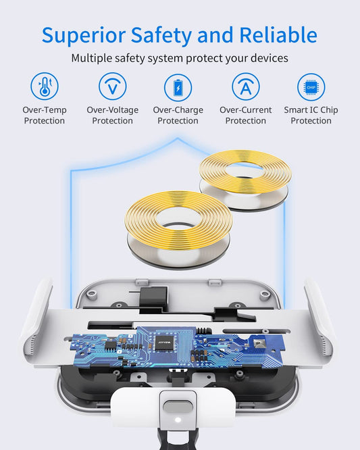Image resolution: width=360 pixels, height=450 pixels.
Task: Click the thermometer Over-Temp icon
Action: pos(45,86)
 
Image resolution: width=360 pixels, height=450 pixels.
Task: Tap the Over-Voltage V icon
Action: pos(112,86)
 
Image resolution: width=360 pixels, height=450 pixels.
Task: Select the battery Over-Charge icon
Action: pos(178,88)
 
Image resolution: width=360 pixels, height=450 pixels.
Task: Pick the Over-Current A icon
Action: pos(246,86)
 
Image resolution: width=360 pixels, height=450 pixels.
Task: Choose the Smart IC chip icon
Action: pos(311,87)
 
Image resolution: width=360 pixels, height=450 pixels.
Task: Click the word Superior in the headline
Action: pos(84,36)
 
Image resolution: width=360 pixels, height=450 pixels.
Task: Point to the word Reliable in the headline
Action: pos(278,34)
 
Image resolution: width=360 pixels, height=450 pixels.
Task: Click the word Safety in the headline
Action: pos(161,36)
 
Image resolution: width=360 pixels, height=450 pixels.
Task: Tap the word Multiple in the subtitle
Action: pos(91,58)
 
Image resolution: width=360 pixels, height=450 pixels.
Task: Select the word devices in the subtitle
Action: pos(269,58)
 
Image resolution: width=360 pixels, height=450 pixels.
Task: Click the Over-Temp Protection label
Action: pos(45,115)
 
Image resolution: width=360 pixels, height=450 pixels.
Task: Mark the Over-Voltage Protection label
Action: pos(112,115)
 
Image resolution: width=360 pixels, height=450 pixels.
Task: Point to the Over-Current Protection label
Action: pos(246,115)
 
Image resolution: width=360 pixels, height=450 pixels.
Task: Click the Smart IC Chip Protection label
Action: pos(311,115)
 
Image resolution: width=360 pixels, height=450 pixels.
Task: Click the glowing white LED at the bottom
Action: pos(178,420)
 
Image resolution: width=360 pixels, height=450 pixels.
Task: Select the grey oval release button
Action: pos(178,407)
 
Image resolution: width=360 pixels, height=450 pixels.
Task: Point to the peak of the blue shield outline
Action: pos(178,139)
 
